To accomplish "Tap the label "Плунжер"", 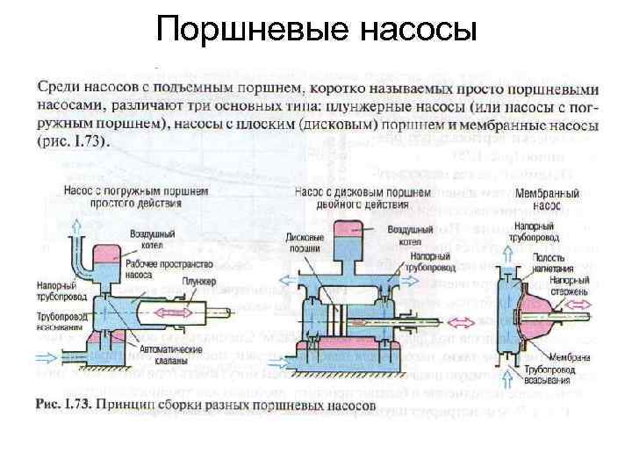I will (x=199, y=280).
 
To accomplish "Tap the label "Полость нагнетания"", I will (x=553, y=262).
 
